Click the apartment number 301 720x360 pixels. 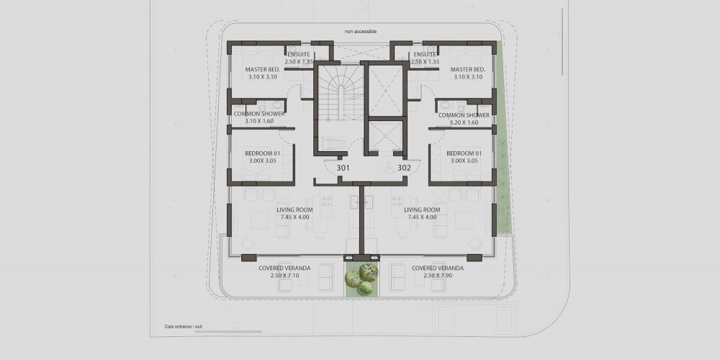click(343, 168)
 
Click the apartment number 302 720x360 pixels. click(404, 168)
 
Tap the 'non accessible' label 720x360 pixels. click(361, 32)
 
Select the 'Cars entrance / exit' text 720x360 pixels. click(184, 327)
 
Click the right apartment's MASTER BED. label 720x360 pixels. click(468, 70)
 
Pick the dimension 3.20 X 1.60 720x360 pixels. click(464, 122)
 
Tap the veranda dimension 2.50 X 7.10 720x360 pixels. click(284, 276)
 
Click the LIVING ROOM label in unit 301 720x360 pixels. click(294, 210)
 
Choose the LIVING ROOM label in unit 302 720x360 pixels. click(422, 210)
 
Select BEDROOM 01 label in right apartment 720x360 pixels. click(464, 153)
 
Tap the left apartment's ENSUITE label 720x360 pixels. click(299, 55)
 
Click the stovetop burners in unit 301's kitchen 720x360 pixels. click(326, 201)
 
